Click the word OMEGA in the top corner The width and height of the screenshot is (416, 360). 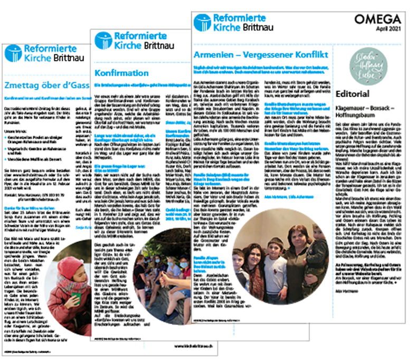coord(378,20)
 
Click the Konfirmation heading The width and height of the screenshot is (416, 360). coord(121,73)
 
